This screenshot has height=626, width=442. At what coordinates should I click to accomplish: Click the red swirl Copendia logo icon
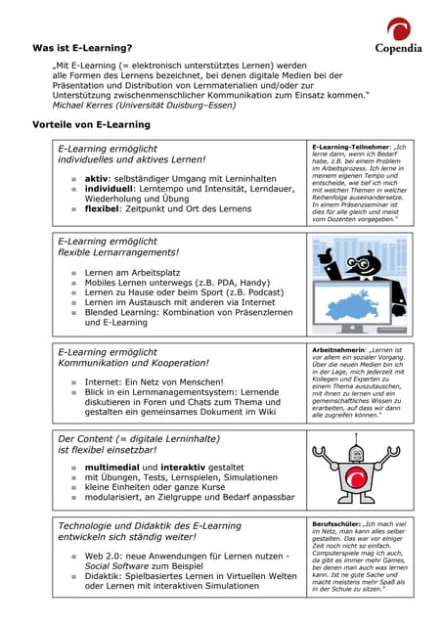click(398, 28)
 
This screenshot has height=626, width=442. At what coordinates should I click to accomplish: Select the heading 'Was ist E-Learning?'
click(82, 47)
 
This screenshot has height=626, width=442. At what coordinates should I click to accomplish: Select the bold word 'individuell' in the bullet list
click(110, 189)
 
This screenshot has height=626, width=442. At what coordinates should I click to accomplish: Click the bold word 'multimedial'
click(112, 469)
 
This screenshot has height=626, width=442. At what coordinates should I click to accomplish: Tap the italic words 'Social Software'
click(114, 566)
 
